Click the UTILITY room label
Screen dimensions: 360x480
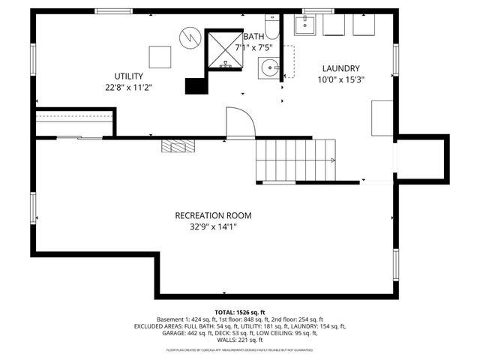[129, 76]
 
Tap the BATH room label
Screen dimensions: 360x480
[254, 36]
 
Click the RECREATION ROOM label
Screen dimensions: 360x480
[213, 215]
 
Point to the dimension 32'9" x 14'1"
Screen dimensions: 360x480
[213, 226]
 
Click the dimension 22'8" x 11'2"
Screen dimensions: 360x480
[129, 87]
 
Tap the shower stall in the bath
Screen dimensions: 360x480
[224, 50]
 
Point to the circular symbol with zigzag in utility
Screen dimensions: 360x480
[191, 34]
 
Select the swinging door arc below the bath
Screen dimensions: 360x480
[239, 122]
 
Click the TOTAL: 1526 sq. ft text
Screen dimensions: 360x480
[239, 312]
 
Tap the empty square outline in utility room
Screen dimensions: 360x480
[160, 57]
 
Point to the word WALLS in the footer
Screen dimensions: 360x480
[229, 340]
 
